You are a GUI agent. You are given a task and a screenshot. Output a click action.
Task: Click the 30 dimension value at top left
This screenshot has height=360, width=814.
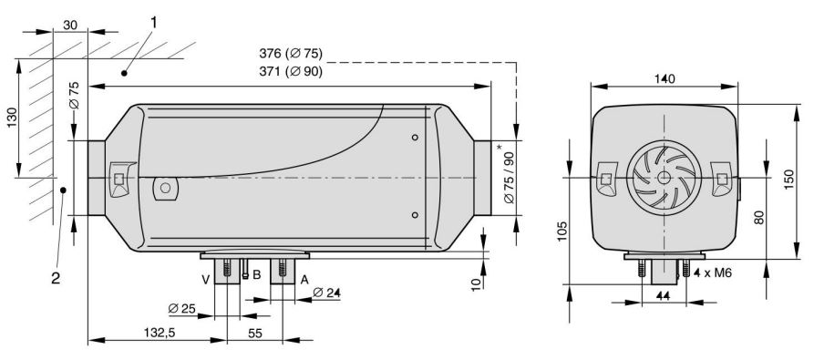(70, 25)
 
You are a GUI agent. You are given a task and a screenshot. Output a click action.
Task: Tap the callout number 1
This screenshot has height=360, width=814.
(153, 22)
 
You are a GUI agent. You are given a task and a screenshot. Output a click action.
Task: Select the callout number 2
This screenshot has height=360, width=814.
(56, 279)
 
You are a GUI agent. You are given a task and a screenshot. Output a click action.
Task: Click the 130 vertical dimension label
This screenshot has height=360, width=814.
(12, 118)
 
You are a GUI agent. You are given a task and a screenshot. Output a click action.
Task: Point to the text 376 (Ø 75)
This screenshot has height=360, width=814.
(291, 53)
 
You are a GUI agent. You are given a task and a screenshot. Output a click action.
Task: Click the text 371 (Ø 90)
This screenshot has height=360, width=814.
(291, 72)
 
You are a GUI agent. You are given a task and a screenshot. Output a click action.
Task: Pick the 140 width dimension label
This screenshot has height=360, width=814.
(665, 79)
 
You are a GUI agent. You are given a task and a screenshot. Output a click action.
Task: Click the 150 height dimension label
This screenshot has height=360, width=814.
(789, 180)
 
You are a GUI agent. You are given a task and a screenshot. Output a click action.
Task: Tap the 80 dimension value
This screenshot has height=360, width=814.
(759, 216)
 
